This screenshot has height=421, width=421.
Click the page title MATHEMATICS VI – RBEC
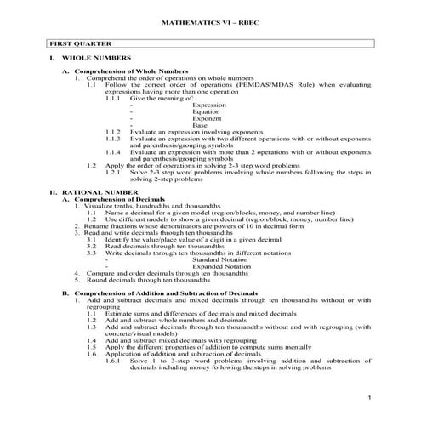pos(210,17)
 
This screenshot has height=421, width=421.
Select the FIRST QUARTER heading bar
pos(210,42)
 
